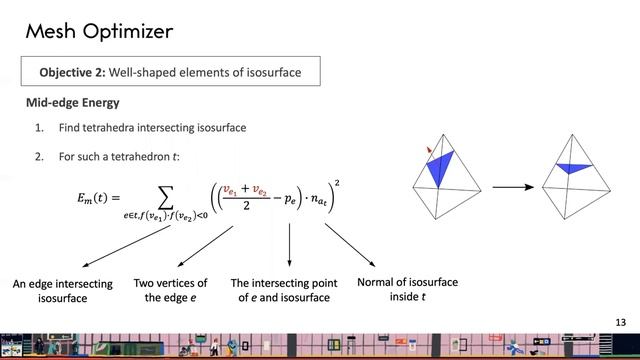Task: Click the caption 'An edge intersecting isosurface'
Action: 62,291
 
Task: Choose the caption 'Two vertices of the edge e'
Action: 170,290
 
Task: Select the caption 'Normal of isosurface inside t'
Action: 407,289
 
